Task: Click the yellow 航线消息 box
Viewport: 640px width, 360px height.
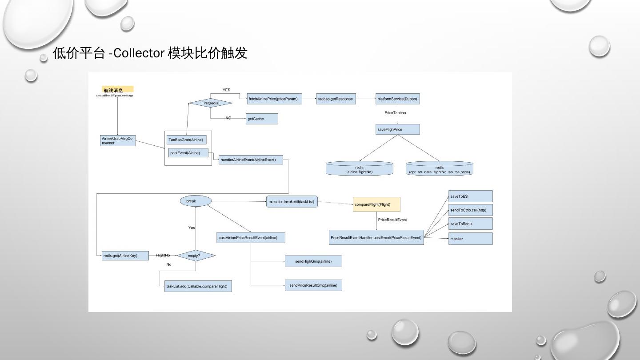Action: [x=117, y=89]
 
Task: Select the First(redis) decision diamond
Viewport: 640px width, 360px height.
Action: [x=210, y=103]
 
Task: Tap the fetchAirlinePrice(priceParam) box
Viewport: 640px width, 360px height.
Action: [x=274, y=99]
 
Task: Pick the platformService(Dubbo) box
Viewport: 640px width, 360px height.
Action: [x=397, y=99]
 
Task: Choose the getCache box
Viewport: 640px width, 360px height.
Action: [x=262, y=119]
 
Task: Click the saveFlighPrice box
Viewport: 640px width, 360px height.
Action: [x=397, y=129]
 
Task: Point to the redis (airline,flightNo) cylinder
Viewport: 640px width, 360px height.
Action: [x=359, y=169]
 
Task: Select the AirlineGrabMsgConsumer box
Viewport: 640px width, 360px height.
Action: [x=118, y=140]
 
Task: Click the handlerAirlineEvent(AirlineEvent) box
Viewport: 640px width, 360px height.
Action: [x=251, y=160]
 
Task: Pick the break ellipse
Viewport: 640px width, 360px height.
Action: [x=196, y=201]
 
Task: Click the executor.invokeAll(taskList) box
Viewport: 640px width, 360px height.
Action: [x=292, y=202]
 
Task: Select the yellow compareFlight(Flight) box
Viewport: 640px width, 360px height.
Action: [x=376, y=204]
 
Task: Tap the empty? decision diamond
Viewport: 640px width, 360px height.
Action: [x=196, y=256]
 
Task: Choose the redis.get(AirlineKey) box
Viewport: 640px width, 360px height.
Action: [x=126, y=256]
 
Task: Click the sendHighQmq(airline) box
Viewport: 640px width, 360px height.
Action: [x=313, y=261]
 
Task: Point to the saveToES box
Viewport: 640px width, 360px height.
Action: [x=470, y=196]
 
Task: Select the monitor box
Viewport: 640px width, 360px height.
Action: [x=470, y=239]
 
